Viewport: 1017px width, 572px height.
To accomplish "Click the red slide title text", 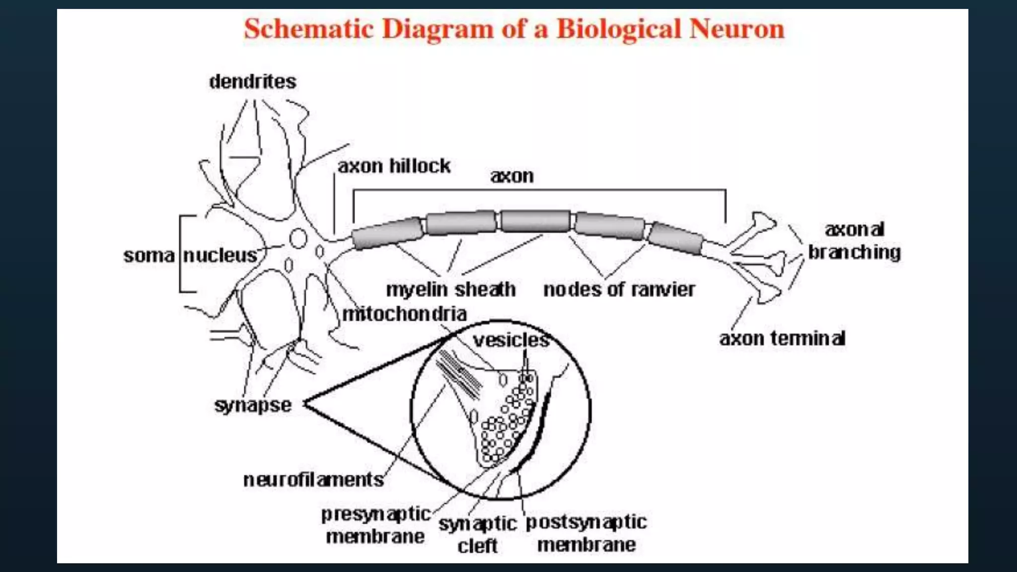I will click(x=514, y=29).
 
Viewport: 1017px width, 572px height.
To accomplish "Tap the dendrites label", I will click(x=252, y=81).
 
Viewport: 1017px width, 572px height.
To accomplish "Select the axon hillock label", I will click(x=394, y=166).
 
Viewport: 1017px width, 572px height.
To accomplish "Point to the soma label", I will click(x=149, y=256).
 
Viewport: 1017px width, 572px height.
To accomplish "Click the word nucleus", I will click(x=220, y=255).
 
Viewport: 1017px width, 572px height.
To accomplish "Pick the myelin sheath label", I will click(x=450, y=289).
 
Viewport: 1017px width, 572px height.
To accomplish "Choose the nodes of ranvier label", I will click(x=619, y=289).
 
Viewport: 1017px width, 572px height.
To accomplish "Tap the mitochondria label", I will click(x=404, y=314).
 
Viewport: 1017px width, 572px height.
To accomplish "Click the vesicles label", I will click(x=511, y=340).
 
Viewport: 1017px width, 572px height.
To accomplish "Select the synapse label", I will click(x=253, y=405).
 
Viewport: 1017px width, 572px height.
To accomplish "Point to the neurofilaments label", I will click(x=313, y=480).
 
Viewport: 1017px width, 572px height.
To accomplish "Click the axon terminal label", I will click(x=782, y=339).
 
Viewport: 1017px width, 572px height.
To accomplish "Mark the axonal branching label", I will click(x=854, y=241).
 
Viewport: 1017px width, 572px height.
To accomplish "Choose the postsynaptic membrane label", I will click(x=586, y=533).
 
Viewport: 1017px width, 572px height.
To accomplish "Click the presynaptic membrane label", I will click(x=375, y=525).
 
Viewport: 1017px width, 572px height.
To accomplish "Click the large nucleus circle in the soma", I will click(x=298, y=238).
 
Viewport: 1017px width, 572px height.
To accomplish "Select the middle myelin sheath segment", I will click(x=535, y=221).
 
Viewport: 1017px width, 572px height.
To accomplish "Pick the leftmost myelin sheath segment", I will click(x=388, y=233).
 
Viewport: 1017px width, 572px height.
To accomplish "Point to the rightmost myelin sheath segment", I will click(x=676, y=238).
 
